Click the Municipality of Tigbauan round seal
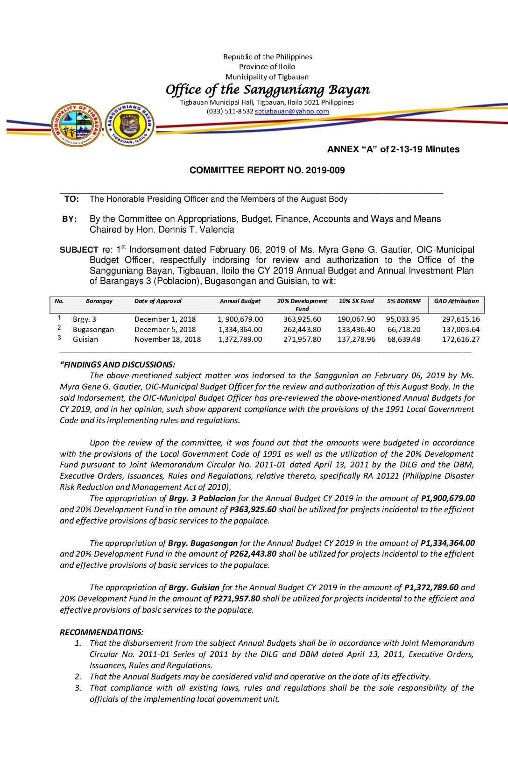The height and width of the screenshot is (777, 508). tap(76, 125)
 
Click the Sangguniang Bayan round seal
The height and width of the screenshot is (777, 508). tap(130, 124)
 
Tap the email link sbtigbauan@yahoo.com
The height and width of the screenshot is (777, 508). tap(292, 111)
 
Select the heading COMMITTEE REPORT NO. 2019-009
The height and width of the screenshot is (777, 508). tap(267, 170)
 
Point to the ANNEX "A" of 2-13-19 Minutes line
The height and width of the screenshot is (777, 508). tap(393, 149)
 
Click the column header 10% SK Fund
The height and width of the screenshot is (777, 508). tap(356, 301)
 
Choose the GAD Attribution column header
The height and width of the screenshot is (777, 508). tap(456, 301)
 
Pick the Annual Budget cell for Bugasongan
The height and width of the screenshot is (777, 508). tap(240, 330)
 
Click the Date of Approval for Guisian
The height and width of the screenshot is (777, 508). tap(168, 339)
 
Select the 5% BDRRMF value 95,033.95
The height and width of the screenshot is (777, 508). tap(403, 319)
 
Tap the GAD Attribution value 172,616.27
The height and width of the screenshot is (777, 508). tap(461, 339)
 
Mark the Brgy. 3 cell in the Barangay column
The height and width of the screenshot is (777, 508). tap(85, 319)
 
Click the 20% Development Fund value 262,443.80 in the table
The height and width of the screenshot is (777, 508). tap(302, 330)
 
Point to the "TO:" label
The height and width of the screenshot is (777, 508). tap(71, 199)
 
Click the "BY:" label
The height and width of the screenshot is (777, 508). tap(70, 219)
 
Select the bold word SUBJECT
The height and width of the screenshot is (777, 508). tap(79, 250)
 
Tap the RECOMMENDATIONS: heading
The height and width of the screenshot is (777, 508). tap(102, 632)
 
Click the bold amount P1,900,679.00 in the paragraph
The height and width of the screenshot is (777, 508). tap(448, 498)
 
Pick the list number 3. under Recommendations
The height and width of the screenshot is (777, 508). tap(78, 688)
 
